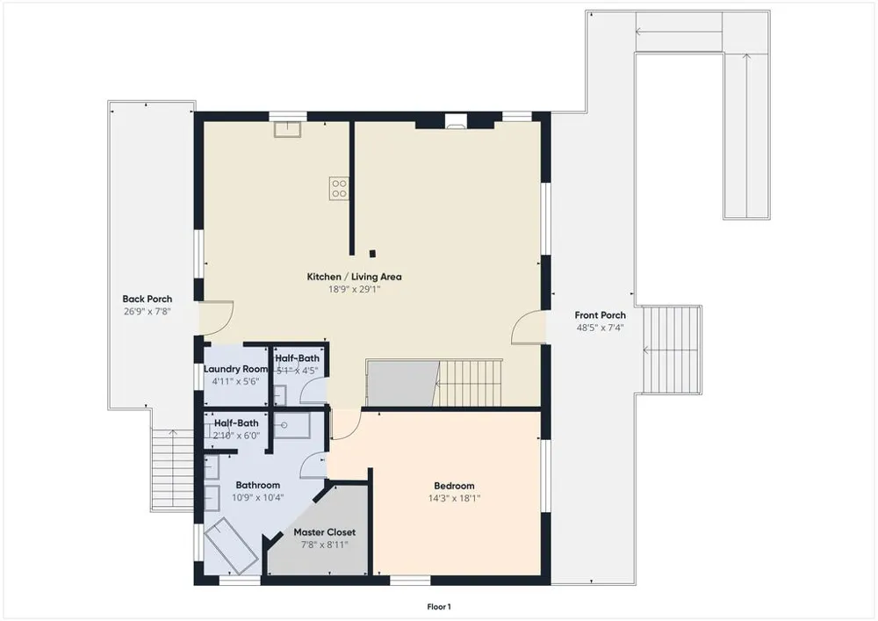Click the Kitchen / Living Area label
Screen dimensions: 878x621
point(354,277)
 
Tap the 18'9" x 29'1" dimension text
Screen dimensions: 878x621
point(354,290)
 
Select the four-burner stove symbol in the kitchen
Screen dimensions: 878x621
point(339,188)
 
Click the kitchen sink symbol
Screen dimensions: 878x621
point(287,129)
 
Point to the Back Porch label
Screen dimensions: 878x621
point(148,299)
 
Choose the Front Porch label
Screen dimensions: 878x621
point(601,315)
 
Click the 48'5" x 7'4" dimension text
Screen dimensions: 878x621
point(601,329)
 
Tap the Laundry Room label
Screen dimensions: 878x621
point(235,369)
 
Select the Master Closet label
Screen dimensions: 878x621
point(325,532)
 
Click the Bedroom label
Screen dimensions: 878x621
point(454,486)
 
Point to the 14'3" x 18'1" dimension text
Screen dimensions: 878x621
point(454,498)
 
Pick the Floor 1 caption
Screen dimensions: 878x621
point(439,607)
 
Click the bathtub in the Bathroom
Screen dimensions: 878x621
point(231,545)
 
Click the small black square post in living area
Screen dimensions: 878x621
point(373,254)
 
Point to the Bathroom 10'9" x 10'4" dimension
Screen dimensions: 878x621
point(258,497)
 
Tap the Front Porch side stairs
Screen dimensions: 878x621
point(671,350)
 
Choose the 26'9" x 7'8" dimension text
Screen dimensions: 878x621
point(148,312)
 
